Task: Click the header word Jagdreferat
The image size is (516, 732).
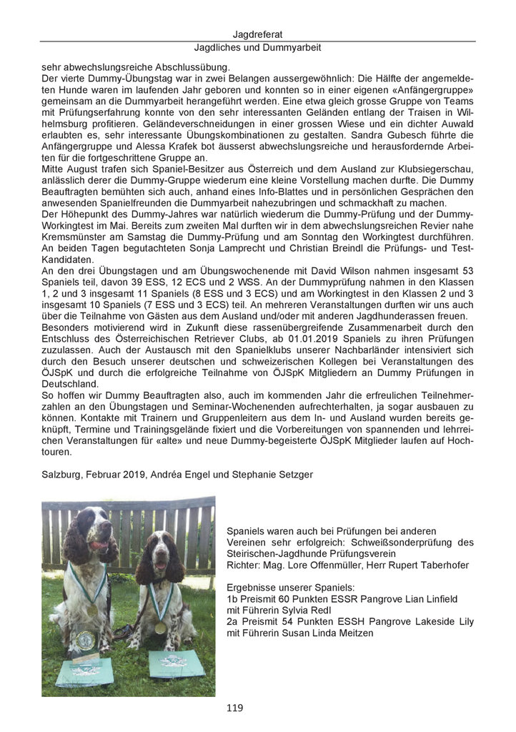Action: [258, 34]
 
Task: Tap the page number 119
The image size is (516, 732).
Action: [234, 708]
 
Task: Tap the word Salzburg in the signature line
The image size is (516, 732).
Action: [62, 475]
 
